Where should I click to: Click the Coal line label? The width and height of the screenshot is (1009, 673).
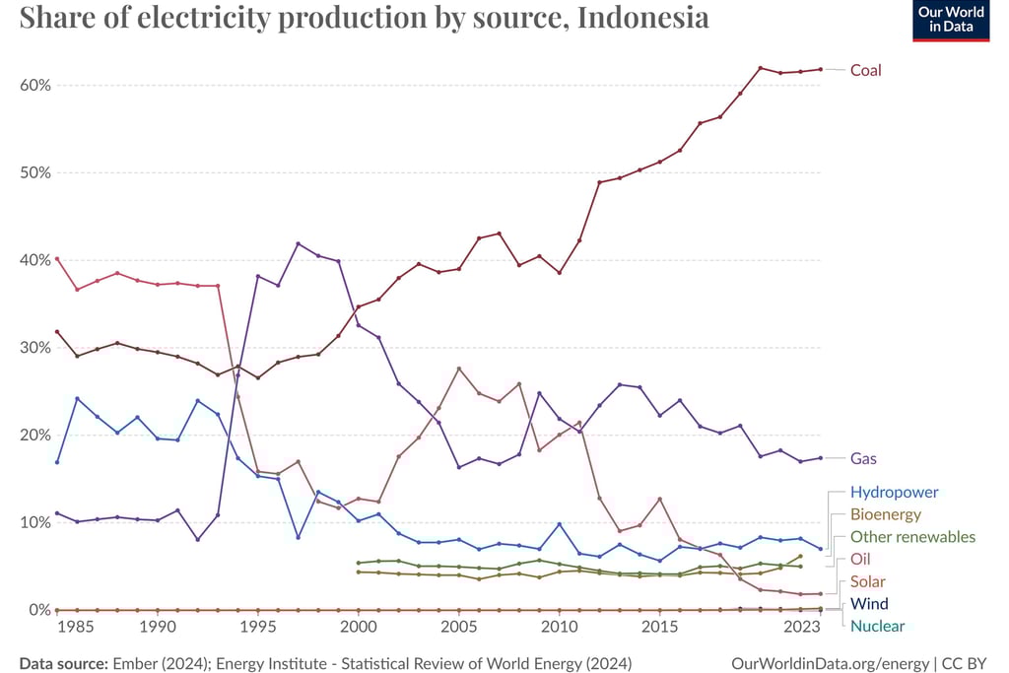(865, 70)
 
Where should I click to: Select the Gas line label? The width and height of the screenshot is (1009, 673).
(863, 458)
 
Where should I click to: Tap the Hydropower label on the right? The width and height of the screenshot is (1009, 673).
(894, 492)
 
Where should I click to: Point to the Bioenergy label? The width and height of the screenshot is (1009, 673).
(885, 514)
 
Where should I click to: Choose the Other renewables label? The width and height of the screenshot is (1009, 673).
(912, 537)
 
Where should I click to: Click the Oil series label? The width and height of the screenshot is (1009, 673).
(860, 560)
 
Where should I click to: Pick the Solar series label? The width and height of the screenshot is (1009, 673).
(867, 581)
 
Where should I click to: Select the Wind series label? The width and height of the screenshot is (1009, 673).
(869, 603)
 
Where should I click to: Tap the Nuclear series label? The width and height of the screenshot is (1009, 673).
(877, 626)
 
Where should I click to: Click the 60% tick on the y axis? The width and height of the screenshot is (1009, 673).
(34, 85)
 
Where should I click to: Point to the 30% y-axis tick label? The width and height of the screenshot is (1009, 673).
(34, 347)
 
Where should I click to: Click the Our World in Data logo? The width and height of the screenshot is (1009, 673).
(951, 21)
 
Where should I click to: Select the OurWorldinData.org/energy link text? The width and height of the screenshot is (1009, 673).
(834, 663)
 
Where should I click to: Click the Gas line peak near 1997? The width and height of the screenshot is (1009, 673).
(298, 243)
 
